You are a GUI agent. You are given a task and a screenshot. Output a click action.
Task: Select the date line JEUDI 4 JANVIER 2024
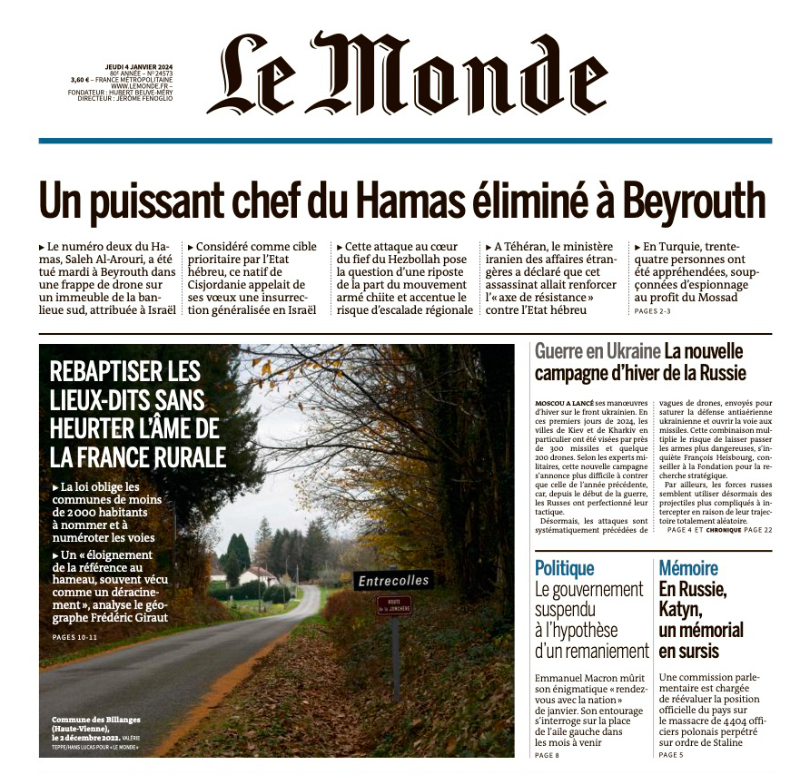coord(138,66)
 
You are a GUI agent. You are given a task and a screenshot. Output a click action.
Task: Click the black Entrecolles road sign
coord(393,580)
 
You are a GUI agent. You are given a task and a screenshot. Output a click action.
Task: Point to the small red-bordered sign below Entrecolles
coord(394,605)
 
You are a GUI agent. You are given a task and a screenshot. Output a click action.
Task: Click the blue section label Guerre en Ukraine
coord(597,351)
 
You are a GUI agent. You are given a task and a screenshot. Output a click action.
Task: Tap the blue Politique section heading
coord(564,569)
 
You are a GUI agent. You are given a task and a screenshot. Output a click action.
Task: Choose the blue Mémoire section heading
coord(688,569)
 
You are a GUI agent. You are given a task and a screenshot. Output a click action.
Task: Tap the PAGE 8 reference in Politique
coord(548,755)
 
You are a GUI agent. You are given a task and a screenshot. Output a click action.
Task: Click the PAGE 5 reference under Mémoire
coord(671,755)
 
